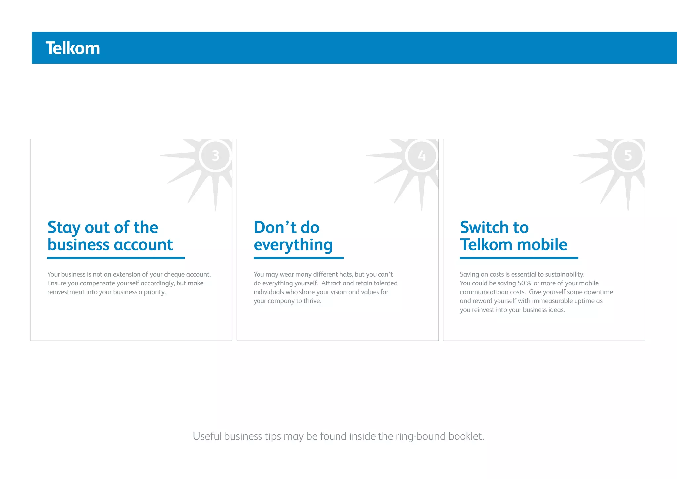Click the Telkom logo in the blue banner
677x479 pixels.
[x=72, y=48]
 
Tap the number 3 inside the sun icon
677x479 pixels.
[x=216, y=155]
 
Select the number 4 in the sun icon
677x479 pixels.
[x=422, y=155]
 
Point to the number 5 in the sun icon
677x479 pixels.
[x=628, y=155]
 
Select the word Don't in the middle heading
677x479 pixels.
[x=275, y=228]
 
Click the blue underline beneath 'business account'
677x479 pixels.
[x=116, y=258]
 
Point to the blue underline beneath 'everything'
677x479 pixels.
[x=299, y=258]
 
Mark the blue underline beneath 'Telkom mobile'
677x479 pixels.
[x=519, y=258]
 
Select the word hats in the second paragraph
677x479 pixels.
[x=346, y=274]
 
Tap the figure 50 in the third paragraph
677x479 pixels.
[x=521, y=283]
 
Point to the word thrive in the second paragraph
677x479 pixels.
[x=312, y=301]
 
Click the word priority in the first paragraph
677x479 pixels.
[x=154, y=292]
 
